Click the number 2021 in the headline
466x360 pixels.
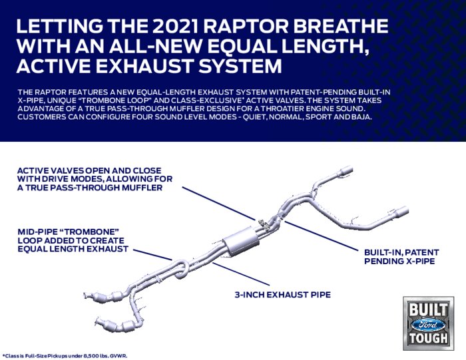pos(172,26)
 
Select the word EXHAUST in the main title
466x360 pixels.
pos(144,66)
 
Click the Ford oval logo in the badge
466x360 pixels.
pos(428,325)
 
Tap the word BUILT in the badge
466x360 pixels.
pos(428,310)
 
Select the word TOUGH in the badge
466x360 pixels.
pos(428,338)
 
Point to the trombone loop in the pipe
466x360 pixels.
pos(180,269)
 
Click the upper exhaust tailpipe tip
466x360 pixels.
pos(346,170)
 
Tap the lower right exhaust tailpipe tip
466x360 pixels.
pos(401,211)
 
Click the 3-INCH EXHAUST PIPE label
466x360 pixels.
pos(283,295)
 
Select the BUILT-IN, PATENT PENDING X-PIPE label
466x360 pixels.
pos(401,257)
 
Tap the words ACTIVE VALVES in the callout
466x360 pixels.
pos(50,171)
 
